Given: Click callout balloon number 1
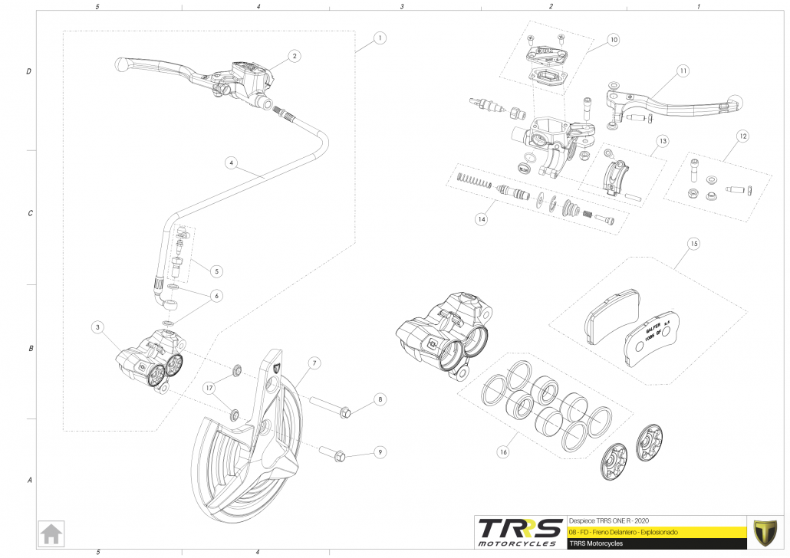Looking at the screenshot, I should pyautogui.click(x=380, y=37).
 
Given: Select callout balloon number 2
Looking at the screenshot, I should pyautogui.click(x=295, y=55).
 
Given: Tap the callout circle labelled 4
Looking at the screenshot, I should pyautogui.click(x=230, y=162).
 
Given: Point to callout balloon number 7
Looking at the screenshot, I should pyautogui.click(x=314, y=362).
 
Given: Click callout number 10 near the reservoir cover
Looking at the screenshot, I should pyautogui.click(x=613, y=39).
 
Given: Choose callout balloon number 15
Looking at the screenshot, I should pyautogui.click(x=693, y=245).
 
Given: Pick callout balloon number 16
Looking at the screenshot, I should pyautogui.click(x=503, y=452).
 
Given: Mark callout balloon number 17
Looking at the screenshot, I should pyautogui.click(x=208, y=389).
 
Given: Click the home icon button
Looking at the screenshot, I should pyautogui.click(x=51, y=533).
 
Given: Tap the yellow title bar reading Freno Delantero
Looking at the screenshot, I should pyautogui.click(x=656, y=531).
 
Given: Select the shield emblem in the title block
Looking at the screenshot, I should pyautogui.click(x=764, y=531).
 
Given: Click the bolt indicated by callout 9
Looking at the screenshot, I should pyautogui.click(x=329, y=453).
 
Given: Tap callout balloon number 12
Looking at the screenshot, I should pyautogui.click(x=742, y=136).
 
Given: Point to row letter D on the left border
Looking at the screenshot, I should pyautogui.click(x=29, y=71).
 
